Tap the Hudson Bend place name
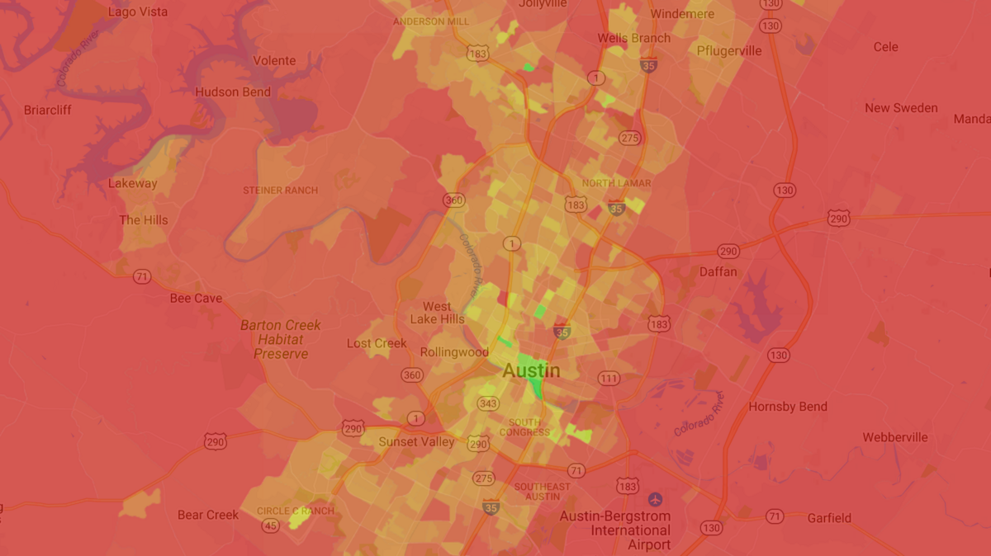[x=233, y=92]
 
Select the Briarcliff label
[x=48, y=110]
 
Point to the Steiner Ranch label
[x=280, y=191]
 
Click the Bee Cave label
[x=196, y=298]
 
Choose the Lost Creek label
[x=377, y=343]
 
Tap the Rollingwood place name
[x=454, y=352]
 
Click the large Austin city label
[x=531, y=371]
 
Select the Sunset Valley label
[x=416, y=441]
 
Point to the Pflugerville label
[x=729, y=50]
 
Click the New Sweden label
[x=901, y=108]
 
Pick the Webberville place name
[x=895, y=437]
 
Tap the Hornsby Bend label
[x=788, y=407]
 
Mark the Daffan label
[x=718, y=271]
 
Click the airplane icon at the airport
[x=656, y=499]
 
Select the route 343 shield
[x=488, y=403]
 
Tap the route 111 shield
[x=609, y=379]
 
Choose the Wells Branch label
[x=633, y=38]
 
